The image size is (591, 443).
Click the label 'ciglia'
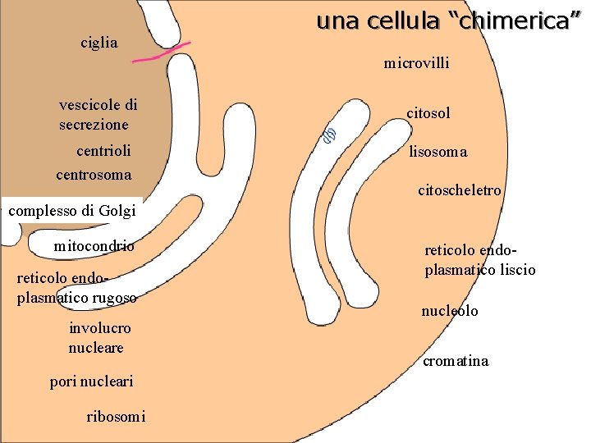click(99, 42)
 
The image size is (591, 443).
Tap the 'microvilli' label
click(416, 62)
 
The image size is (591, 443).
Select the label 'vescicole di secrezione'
click(98, 115)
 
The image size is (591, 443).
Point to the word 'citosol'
click(428, 112)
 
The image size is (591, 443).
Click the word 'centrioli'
click(103, 151)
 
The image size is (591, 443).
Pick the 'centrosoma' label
click(94, 175)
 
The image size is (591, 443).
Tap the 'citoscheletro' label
click(459, 191)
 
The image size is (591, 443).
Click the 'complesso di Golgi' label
click(72, 211)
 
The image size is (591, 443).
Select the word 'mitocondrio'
click(94, 246)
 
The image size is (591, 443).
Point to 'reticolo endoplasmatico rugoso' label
click(76, 288)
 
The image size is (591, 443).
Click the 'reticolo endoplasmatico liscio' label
click(479, 259)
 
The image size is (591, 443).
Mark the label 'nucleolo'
click(449, 312)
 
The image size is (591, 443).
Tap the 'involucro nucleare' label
click(99, 338)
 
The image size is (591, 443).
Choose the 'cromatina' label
click(456, 361)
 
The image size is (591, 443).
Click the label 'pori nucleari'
click(91, 381)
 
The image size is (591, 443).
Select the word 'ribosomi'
click(116, 417)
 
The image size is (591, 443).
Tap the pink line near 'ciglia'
click(161, 53)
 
